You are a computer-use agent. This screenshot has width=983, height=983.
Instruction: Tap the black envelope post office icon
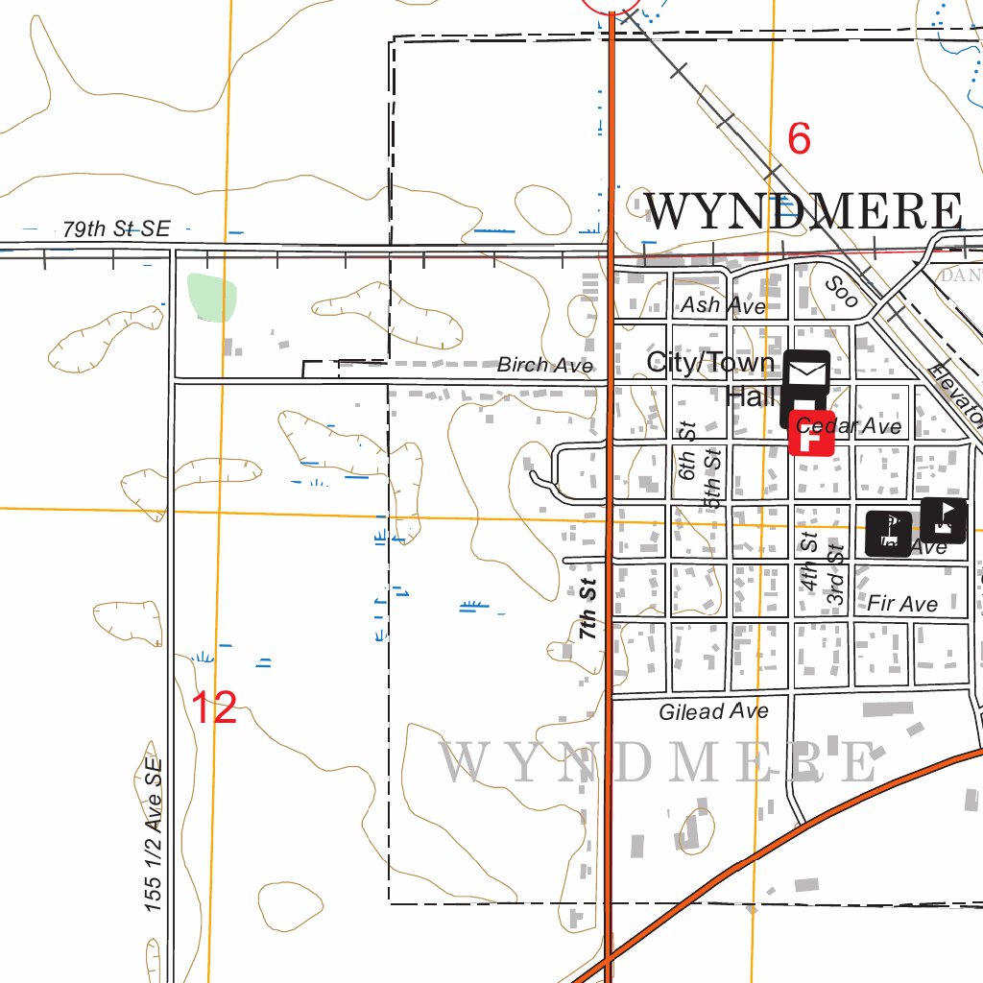pyautogui.click(x=807, y=371)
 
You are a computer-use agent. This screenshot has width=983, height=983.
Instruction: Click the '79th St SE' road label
pyautogui.click(x=115, y=229)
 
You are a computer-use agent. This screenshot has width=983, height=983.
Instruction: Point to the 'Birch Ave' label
pyautogui.click(x=544, y=365)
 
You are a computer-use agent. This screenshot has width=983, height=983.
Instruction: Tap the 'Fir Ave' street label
pyautogui.click(x=901, y=604)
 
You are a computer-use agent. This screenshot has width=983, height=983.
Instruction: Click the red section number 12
pyautogui.click(x=214, y=708)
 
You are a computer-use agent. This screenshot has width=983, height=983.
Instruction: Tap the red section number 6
pyautogui.click(x=799, y=139)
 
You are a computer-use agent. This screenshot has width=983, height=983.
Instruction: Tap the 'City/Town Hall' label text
pyautogui.click(x=710, y=377)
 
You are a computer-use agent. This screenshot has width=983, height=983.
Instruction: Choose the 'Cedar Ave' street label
pyautogui.click(x=850, y=426)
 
